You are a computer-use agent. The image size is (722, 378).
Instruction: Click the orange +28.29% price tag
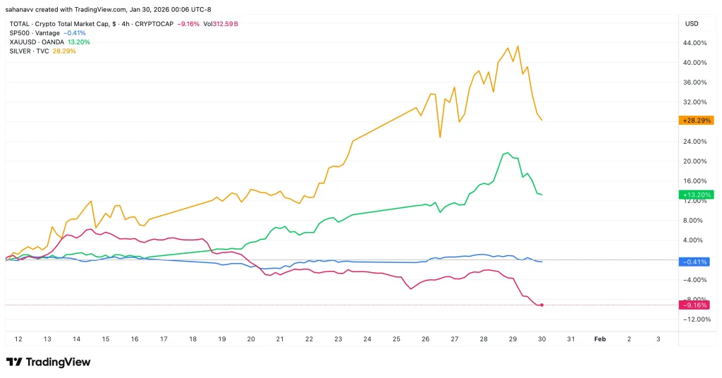(x=695, y=121)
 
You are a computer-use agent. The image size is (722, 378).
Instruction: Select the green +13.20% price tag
(x=695, y=195)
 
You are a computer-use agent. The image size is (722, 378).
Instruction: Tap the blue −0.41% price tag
(x=695, y=262)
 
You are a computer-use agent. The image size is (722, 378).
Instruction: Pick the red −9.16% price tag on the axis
(x=695, y=305)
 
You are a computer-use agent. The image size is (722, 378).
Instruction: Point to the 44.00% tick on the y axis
(x=695, y=43)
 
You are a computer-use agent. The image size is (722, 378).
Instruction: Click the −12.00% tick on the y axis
(x=695, y=319)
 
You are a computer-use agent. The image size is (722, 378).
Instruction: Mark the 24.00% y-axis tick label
(x=695, y=142)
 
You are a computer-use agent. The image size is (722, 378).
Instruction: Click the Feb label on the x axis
(x=600, y=339)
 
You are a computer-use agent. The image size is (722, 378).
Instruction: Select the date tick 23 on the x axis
(x=338, y=339)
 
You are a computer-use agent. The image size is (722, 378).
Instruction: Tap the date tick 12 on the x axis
(x=18, y=339)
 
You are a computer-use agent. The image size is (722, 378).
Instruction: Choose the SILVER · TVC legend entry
(x=30, y=51)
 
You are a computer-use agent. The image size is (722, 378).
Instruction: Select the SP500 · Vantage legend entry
(x=34, y=32)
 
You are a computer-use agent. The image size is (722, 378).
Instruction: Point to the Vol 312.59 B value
(x=224, y=23)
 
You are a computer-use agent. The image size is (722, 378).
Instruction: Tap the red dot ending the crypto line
(x=542, y=305)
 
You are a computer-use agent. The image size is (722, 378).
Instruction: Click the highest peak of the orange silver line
(x=518, y=46)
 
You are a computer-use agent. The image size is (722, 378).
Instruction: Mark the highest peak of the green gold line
(x=506, y=152)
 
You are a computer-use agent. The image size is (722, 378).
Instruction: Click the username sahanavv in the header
(x=25, y=9)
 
